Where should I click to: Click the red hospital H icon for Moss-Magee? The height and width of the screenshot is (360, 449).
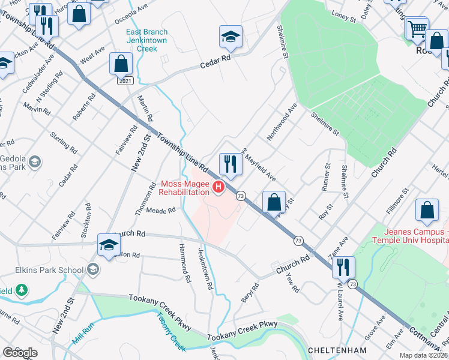219,188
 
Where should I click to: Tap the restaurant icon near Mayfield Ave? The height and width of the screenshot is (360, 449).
230,163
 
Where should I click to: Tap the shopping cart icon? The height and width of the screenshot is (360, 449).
416,28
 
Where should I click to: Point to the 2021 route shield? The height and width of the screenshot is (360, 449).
125,80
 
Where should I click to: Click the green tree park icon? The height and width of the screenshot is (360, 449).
22,290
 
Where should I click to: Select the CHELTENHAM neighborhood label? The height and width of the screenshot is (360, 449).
337,350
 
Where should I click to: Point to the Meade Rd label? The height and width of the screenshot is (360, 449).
161,211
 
